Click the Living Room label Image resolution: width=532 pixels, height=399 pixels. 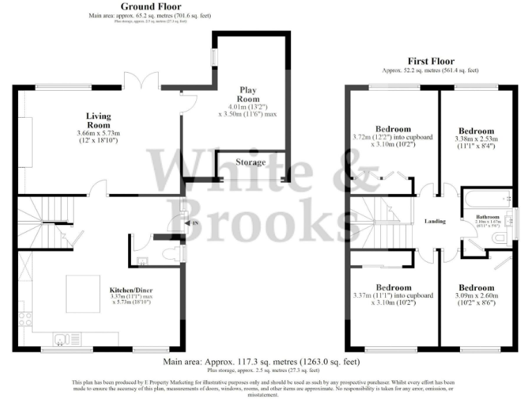(x=98, y=121)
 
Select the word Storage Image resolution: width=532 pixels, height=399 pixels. (x=250, y=162)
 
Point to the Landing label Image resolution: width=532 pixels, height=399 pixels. (x=434, y=221)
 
